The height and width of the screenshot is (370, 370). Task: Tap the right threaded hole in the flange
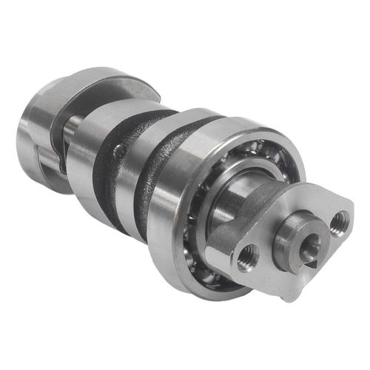340,221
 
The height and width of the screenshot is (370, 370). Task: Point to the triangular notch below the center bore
312,262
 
